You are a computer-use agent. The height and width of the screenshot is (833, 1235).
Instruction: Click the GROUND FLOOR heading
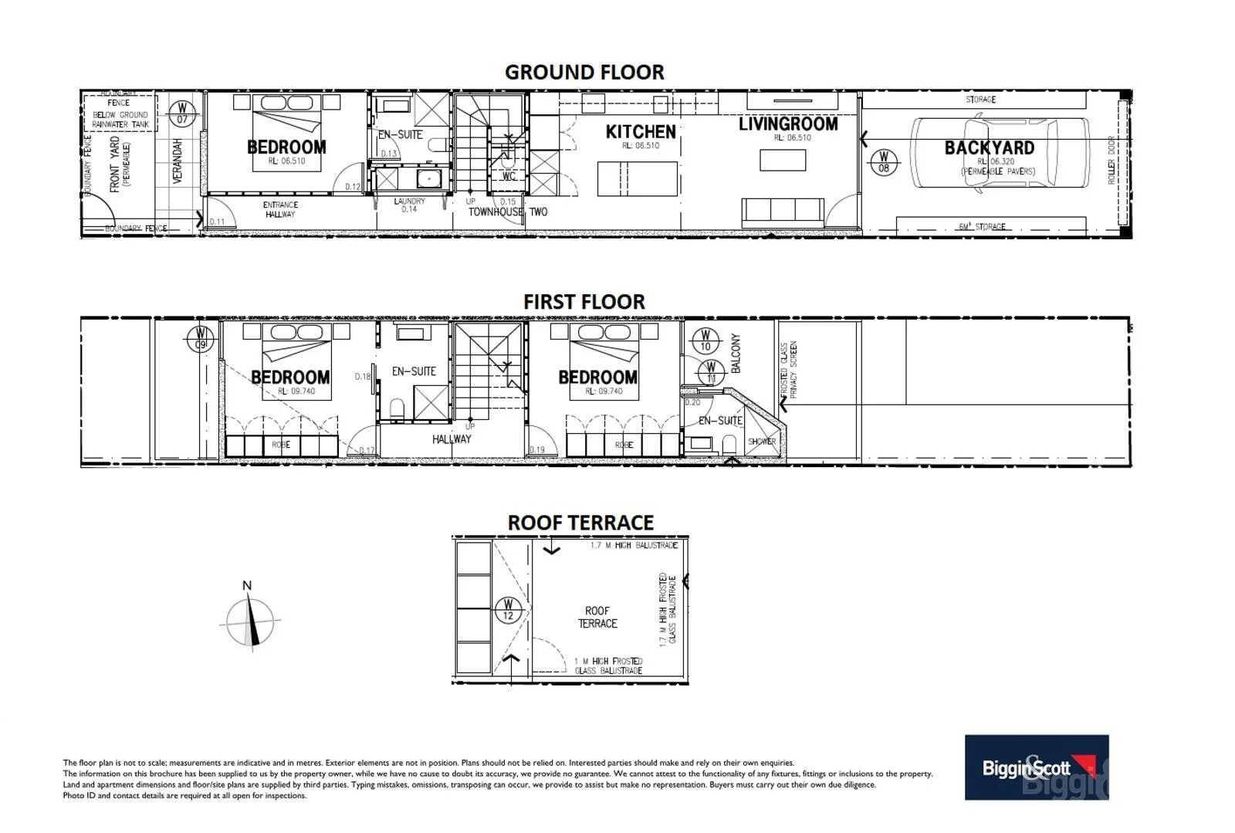point(584,73)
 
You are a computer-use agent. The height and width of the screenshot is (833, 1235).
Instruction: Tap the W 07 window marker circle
point(182,113)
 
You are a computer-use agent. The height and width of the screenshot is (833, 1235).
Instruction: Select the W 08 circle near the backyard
point(884,162)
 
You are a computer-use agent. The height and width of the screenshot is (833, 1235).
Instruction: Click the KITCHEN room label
point(641,132)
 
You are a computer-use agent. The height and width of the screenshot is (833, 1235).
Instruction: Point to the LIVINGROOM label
point(787,124)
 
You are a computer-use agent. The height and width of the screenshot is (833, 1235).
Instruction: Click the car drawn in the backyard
point(1000,152)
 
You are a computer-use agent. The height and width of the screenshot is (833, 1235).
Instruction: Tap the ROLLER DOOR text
point(1111,160)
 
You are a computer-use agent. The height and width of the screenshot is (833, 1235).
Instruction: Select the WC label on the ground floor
point(508,176)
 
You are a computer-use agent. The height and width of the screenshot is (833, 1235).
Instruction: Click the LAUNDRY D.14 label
point(409,205)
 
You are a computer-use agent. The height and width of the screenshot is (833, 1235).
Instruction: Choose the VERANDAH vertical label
point(178,161)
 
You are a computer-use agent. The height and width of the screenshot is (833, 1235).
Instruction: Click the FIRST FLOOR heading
point(584,302)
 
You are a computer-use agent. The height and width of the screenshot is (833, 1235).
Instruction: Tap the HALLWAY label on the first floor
point(452,439)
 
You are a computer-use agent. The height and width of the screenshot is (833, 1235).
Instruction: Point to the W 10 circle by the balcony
point(704,340)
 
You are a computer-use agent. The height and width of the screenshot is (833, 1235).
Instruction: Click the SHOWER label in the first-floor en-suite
point(761,442)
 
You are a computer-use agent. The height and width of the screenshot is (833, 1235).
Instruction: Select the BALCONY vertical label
point(735,354)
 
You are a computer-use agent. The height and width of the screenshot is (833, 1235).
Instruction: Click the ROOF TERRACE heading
point(580,523)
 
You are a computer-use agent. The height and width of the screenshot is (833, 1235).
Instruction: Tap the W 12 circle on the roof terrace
point(507,609)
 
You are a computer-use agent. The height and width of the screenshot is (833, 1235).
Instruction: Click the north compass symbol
point(250,620)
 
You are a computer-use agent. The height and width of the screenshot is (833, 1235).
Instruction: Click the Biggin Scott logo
point(1036,767)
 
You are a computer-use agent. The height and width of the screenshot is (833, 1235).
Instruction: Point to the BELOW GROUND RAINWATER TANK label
point(120,120)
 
